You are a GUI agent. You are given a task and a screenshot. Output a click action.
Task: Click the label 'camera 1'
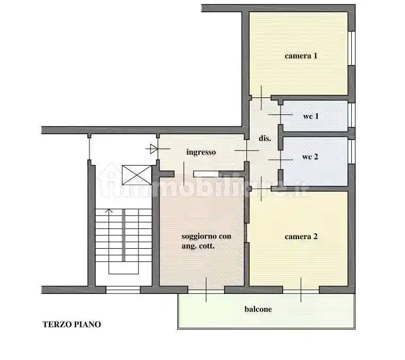point(301,55)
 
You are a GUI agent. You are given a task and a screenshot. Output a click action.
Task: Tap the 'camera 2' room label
point(301,236)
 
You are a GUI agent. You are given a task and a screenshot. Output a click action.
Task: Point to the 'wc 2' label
point(310,157)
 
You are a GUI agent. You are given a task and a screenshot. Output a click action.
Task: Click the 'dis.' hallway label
point(265,138)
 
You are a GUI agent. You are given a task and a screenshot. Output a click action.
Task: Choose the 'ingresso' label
point(201,152)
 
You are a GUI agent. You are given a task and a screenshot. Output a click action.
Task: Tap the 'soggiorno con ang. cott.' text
point(206,241)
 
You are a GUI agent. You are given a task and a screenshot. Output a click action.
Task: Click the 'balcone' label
point(258,309)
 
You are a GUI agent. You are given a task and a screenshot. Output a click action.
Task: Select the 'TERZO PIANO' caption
point(72,324)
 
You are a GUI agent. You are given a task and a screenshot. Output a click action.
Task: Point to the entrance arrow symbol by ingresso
point(153,149)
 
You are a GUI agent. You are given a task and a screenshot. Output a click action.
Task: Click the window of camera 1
point(351,48)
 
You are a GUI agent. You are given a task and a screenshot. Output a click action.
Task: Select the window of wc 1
point(351,115)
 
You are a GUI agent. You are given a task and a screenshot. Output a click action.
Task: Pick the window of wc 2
point(351,150)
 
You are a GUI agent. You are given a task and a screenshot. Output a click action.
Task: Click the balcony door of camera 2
point(301,290)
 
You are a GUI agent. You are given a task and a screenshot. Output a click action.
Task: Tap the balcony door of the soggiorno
point(206,290)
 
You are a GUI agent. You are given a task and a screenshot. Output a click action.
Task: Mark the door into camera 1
point(261,97)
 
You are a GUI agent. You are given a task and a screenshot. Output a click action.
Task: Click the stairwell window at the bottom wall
point(122,290)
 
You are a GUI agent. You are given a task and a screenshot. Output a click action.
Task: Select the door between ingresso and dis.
point(247,151)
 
